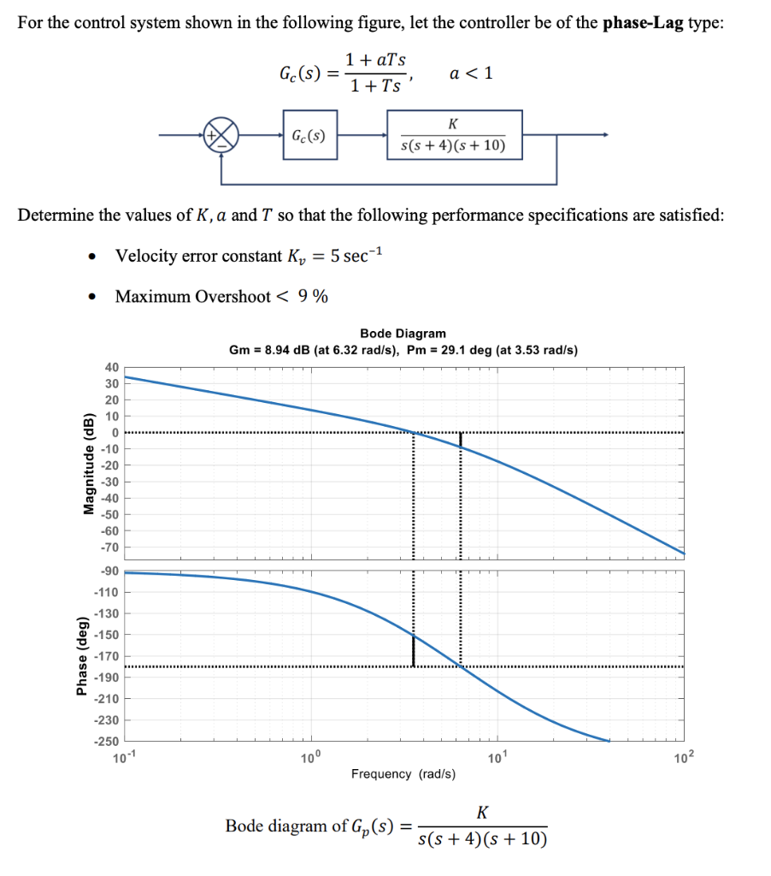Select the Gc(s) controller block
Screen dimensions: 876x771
pyautogui.click(x=310, y=135)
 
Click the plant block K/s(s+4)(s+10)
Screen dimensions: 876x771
pyautogui.click(x=453, y=135)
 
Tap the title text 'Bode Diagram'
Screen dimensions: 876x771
pyautogui.click(x=403, y=334)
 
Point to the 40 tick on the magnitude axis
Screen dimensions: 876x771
pyautogui.click(x=111, y=367)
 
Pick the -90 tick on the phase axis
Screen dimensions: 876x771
pyautogui.click(x=111, y=571)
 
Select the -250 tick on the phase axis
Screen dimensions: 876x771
pyautogui.click(x=109, y=741)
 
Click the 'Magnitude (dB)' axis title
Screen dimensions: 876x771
pyautogui.click(x=86, y=465)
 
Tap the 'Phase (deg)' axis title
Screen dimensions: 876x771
pyautogui.click(x=84, y=657)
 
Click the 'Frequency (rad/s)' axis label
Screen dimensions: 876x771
pyautogui.click(x=403, y=774)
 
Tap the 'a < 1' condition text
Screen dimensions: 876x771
pyautogui.click(x=470, y=73)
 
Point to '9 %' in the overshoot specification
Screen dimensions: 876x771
pyautogui.click(x=313, y=296)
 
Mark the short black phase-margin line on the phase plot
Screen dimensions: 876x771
pyautogui.click(x=414, y=650)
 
